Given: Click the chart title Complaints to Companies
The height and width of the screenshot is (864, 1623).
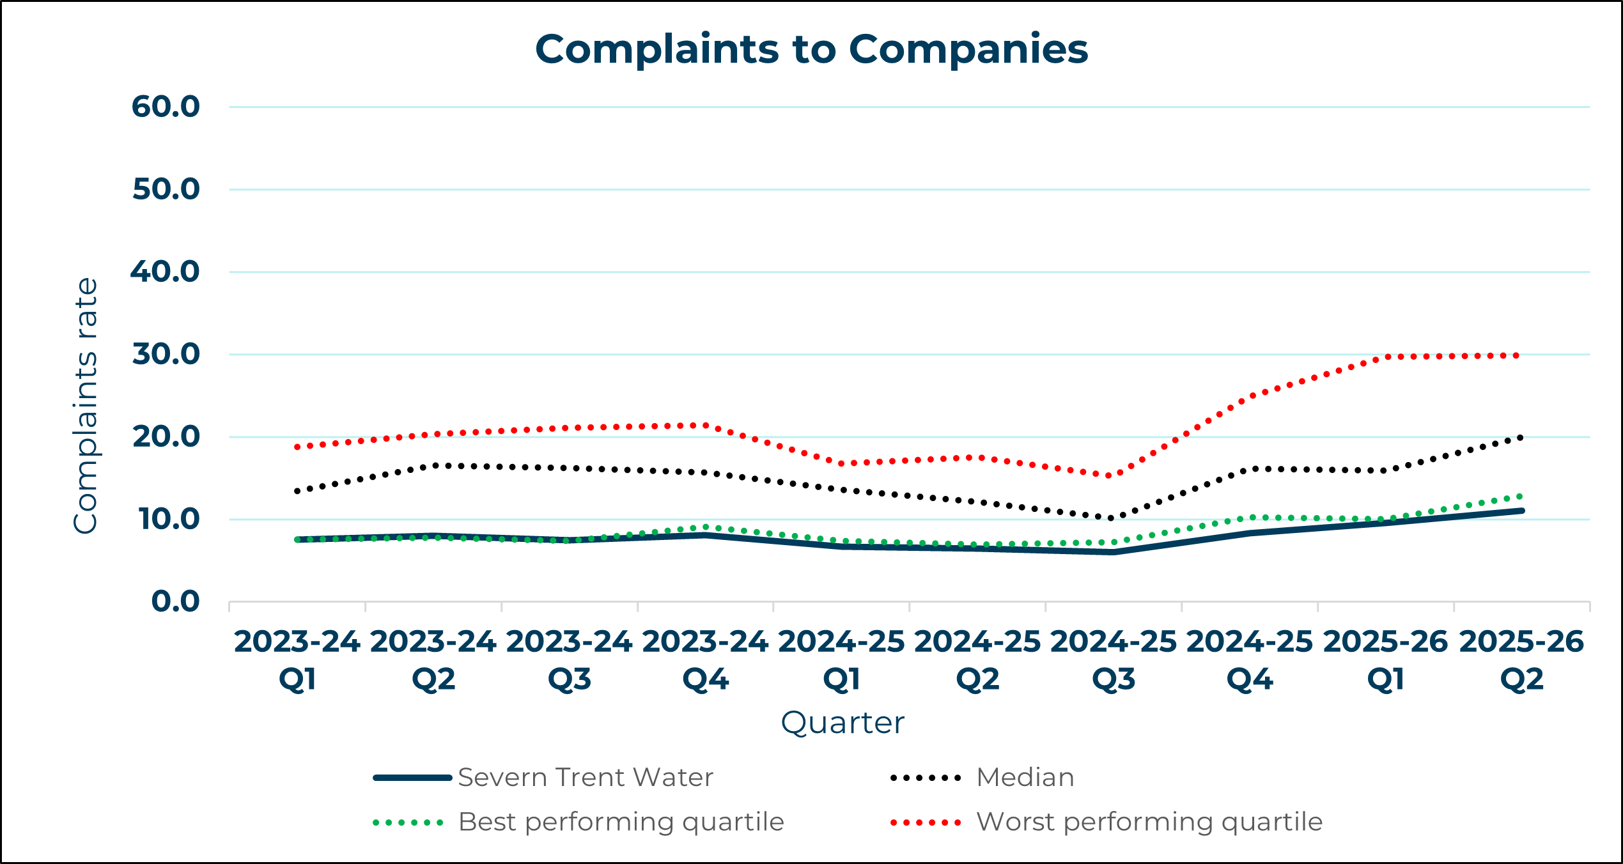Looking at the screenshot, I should (x=811, y=49).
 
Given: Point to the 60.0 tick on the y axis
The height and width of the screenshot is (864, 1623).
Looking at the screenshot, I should (x=166, y=107).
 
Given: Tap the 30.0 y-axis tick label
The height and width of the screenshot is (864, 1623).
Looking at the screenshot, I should (x=166, y=354).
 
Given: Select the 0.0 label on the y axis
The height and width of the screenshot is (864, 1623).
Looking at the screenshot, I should (x=175, y=601).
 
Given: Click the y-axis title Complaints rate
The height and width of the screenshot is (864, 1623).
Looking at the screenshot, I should (x=86, y=406).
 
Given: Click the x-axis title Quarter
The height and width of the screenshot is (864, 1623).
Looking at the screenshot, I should (x=843, y=723).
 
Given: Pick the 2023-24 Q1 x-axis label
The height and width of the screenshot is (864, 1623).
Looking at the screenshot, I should (x=297, y=660).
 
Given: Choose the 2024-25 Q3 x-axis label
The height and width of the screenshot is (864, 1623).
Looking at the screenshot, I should (x=1114, y=660).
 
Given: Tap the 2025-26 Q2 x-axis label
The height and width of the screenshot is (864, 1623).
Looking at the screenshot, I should (x=1521, y=660).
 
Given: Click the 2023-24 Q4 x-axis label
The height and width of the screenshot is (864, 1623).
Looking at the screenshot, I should (x=705, y=660).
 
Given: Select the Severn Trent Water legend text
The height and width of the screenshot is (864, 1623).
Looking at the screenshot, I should (x=586, y=778).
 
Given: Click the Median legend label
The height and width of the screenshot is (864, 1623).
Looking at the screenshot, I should (x=1025, y=778).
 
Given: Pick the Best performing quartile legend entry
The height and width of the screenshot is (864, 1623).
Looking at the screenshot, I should (x=621, y=822).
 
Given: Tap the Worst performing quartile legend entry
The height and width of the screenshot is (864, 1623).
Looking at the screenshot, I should (x=1149, y=822).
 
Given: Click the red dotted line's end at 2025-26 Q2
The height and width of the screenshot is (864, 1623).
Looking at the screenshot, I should (x=1520, y=355).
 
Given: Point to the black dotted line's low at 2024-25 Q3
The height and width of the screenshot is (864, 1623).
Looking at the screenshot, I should (x=1113, y=518).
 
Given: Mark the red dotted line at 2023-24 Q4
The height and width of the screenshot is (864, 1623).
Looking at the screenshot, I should (x=705, y=425).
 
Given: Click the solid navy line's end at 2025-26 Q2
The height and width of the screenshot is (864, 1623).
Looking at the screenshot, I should (x=1521, y=511).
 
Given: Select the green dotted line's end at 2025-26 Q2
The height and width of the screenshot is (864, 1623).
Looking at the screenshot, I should (x=1521, y=496).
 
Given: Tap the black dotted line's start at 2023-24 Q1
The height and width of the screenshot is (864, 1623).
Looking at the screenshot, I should (x=297, y=491).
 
